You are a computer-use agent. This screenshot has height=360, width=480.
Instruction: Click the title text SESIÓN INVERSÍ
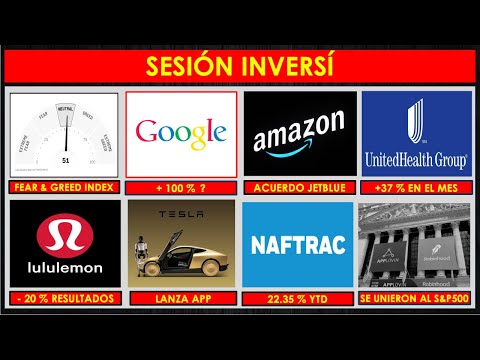tap(240, 67)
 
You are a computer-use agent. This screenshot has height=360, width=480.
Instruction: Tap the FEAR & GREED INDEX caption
tap(65, 188)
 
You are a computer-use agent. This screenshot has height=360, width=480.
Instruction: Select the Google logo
tap(182, 132)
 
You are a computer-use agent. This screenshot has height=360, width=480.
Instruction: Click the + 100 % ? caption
tap(182, 188)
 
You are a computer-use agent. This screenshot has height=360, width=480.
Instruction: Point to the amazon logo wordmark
tap(299, 136)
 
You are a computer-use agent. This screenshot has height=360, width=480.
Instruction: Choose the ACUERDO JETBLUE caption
tap(299, 188)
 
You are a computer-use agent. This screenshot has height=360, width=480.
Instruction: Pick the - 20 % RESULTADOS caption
tap(65, 298)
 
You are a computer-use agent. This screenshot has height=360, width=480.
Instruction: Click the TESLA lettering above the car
tap(182, 217)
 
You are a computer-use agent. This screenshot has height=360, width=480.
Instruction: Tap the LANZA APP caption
tap(182, 298)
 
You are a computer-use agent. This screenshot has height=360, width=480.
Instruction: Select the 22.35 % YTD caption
tap(299, 298)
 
